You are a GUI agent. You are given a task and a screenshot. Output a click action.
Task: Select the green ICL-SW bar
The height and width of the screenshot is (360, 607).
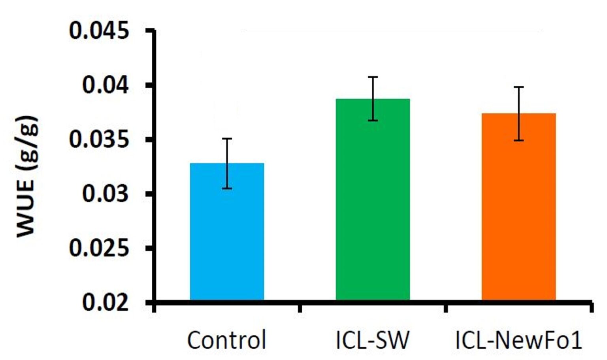click(x=373, y=202)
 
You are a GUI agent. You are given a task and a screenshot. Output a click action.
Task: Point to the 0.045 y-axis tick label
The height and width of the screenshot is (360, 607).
click(x=99, y=31)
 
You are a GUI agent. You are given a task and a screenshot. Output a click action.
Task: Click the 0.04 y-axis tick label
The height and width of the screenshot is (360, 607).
click(x=105, y=85)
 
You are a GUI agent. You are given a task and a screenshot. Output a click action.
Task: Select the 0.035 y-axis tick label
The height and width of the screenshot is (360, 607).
click(x=99, y=139)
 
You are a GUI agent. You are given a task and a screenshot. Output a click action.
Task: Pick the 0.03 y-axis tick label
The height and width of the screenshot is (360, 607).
click(x=105, y=194)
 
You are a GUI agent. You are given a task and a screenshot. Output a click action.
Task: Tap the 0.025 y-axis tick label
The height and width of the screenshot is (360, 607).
click(x=99, y=248)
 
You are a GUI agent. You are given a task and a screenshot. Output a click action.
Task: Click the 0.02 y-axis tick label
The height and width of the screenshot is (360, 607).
click(x=105, y=302)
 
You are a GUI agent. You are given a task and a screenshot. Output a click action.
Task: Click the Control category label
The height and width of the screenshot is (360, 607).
click(x=226, y=340)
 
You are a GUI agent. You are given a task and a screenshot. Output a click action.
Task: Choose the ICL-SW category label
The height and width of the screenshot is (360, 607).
click(x=372, y=340)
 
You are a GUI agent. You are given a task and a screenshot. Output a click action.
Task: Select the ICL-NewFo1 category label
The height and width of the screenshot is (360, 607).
click(x=518, y=340)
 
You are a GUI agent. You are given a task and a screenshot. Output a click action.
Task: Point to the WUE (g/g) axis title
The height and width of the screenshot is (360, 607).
click(x=27, y=176)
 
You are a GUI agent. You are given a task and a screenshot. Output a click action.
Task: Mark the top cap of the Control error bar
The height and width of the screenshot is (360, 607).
click(x=227, y=139)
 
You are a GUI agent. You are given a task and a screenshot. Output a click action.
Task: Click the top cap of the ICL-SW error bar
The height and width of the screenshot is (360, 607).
click(x=373, y=77)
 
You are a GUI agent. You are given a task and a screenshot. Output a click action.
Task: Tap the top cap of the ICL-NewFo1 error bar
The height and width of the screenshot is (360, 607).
click(x=518, y=87)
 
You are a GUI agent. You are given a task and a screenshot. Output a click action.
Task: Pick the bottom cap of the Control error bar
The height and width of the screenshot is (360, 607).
click(x=227, y=188)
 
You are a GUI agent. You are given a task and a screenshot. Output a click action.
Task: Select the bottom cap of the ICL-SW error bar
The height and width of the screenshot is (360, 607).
click(x=373, y=121)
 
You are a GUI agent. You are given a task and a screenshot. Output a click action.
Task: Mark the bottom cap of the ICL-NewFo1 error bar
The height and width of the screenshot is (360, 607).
click(x=518, y=140)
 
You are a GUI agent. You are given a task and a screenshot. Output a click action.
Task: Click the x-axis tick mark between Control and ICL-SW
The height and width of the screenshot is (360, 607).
click(x=300, y=307)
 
